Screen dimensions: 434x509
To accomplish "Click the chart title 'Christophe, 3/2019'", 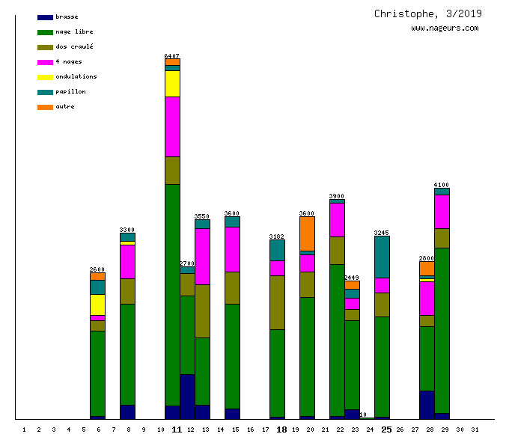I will (x=428, y=13).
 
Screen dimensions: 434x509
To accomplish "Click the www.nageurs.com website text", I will (x=445, y=28).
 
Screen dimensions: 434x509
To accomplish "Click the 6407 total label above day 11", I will (x=172, y=56).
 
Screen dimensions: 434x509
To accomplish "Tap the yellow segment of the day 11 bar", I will (x=172, y=84).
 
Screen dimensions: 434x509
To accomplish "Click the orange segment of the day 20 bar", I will (x=307, y=233).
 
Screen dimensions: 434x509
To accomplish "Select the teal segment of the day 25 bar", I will (x=382, y=257).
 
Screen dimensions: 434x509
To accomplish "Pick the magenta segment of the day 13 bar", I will (x=202, y=256).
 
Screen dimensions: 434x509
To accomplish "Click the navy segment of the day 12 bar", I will (x=187, y=397).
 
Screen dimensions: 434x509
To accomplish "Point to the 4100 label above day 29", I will (x=442, y=185).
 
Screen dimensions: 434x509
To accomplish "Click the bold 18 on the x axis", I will (x=281, y=430).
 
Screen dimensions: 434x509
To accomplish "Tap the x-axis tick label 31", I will (x=475, y=430).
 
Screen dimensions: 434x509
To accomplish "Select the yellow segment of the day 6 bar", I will (x=97, y=305).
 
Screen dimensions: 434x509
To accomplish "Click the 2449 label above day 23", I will (x=352, y=278).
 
